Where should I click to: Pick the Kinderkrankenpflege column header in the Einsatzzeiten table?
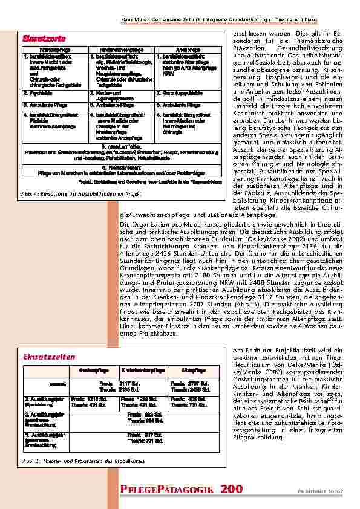[x=140, y=369]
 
